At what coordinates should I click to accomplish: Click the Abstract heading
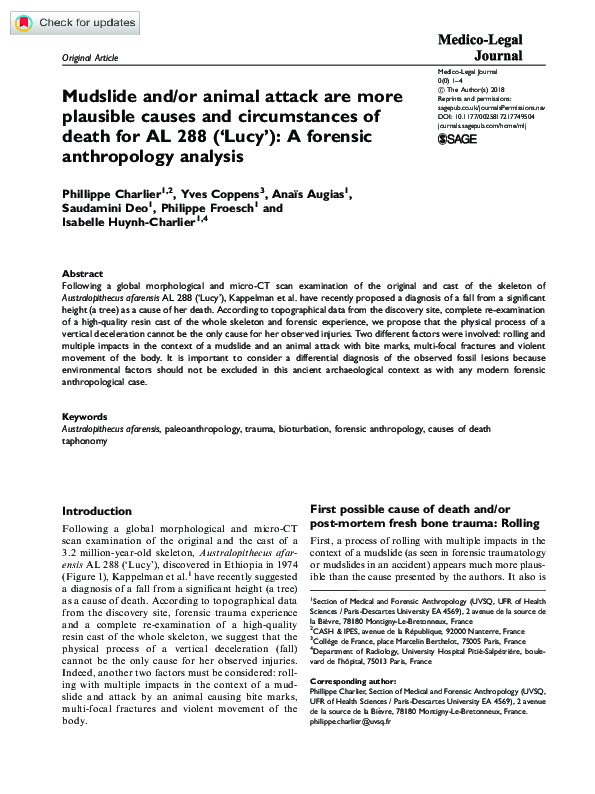(x=81, y=273)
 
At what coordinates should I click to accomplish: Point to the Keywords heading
(x=85, y=415)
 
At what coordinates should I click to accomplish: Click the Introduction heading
(x=97, y=511)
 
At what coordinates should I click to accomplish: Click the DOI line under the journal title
(x=493, y=115)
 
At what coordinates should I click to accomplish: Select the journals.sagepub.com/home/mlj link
(x=485, y=124)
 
